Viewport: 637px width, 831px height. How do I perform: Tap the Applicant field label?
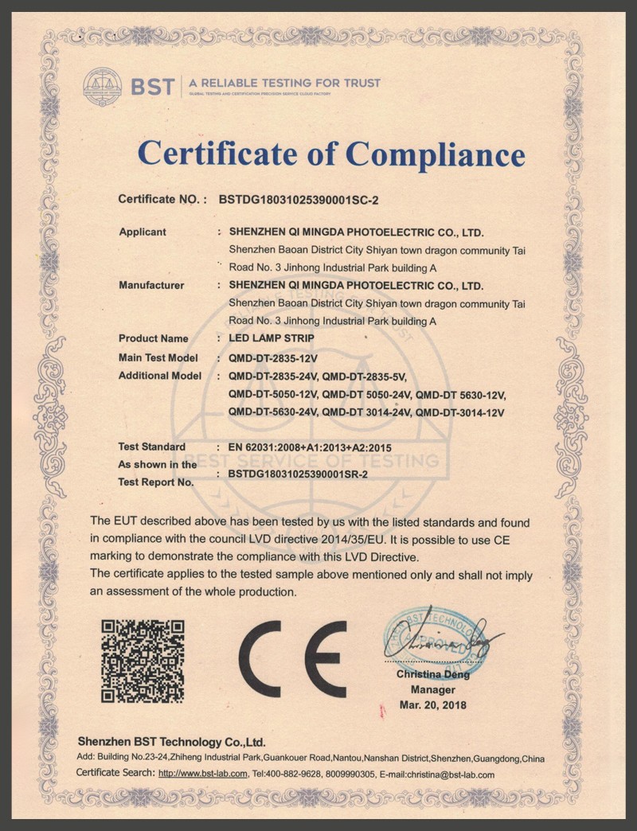(143, 232)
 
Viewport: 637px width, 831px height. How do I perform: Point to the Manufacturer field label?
(151, 285)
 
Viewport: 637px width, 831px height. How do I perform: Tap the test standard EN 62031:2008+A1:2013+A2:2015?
(310, 447)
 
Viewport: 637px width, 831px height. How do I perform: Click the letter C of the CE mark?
(269, 657)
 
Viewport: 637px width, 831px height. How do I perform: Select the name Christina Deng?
(433, 675)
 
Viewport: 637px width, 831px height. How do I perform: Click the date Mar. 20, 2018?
(433, 705)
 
